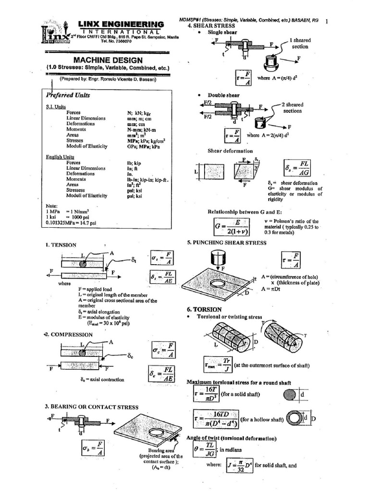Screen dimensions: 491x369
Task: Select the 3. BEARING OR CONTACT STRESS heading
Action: pos(92,407)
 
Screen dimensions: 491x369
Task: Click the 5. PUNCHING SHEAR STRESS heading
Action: pos(226,243)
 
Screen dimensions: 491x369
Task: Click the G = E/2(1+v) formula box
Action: pos(232,226)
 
